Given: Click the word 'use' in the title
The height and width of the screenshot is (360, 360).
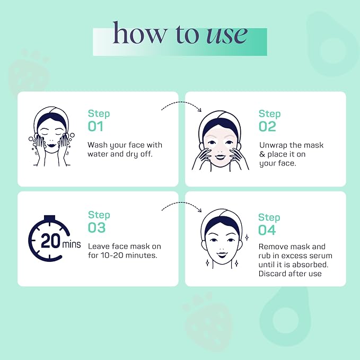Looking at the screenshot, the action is (227, 35).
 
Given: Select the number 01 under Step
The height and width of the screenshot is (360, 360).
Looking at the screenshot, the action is (95, 126).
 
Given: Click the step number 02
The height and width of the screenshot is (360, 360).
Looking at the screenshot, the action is (267, 126).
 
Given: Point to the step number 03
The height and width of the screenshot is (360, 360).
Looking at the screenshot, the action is (97, 227).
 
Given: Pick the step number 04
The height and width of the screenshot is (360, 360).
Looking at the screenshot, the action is (267, 230).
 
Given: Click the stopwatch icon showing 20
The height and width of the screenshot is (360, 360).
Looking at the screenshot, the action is (49, 238).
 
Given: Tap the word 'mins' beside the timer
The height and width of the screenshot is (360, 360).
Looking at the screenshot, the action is (72, 244).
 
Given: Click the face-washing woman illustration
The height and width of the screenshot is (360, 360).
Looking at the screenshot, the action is (51, 136).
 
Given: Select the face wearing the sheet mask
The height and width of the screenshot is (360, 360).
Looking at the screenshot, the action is (221, 141).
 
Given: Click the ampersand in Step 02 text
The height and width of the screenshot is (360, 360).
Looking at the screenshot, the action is (262, 154).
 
